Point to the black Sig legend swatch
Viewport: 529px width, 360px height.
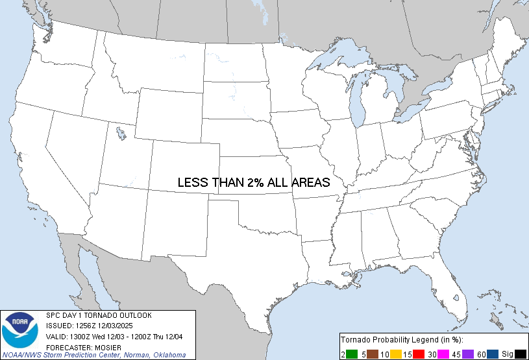point(521,354)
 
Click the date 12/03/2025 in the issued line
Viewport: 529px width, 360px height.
point(115,326)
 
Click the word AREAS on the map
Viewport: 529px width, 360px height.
point(310,183)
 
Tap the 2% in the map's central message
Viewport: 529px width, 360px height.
point(254,183)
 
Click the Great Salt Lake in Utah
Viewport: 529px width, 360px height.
point(121,135)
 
